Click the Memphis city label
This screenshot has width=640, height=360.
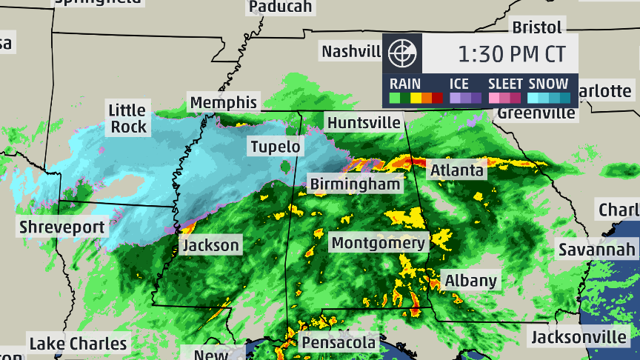223,102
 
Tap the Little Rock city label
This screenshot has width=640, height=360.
128,119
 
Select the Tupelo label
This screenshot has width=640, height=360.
275,146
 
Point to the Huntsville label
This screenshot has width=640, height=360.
364,122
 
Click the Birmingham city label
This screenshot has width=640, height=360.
356,183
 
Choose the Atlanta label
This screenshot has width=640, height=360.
457,170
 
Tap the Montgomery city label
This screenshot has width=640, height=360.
379,243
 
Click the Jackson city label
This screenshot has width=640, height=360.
211,245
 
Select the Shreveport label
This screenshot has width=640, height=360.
62,227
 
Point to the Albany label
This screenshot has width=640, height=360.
470,281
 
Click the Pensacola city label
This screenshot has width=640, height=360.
339,343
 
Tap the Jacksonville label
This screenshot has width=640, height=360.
579,338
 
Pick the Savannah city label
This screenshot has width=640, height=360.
596,249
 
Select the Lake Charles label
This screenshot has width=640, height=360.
78,344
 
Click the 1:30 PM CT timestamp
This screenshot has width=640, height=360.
511,53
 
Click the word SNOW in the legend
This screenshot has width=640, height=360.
549,84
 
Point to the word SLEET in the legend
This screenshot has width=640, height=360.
506,84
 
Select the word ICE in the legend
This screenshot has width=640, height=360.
460,84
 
